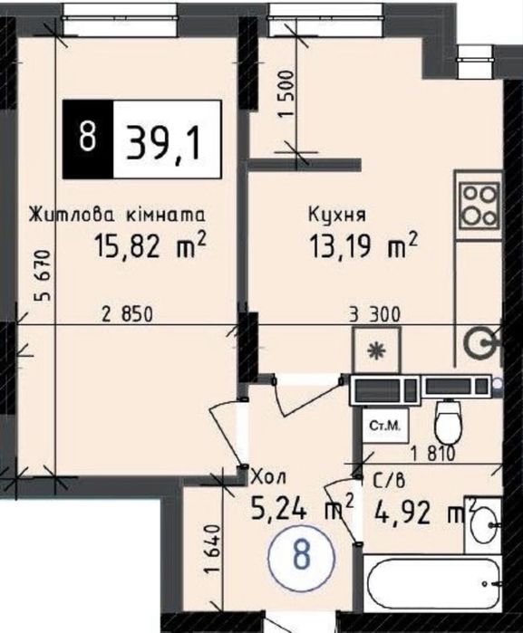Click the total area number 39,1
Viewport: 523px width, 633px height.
click(x=163, y=139)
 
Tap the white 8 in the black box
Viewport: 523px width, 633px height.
click(x=87, y=138)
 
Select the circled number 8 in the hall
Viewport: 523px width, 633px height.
click(x=302, y=555)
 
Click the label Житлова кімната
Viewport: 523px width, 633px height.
click(x=117, y=215)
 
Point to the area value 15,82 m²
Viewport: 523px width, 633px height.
click(x=150, y=245)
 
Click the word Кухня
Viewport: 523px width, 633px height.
click(x=337, y=216)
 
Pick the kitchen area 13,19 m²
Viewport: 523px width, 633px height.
click(x=363, y=245)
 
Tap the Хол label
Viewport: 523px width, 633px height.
click(x=269, y=477)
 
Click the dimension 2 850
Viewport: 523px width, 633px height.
click(x=128, y=314)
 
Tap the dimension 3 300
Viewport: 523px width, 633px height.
click(x=374, y=314)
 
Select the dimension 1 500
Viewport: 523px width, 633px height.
click(x=286, y=93)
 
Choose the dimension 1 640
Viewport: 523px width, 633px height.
click(x=212, y=548)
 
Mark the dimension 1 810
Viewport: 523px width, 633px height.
click(x=433, y=454)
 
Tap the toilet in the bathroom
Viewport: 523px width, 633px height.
click(x=448, y=421)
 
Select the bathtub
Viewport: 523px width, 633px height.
click(x=433, y=583)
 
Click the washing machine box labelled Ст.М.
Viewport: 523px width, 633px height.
click(x=385, y=427)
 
